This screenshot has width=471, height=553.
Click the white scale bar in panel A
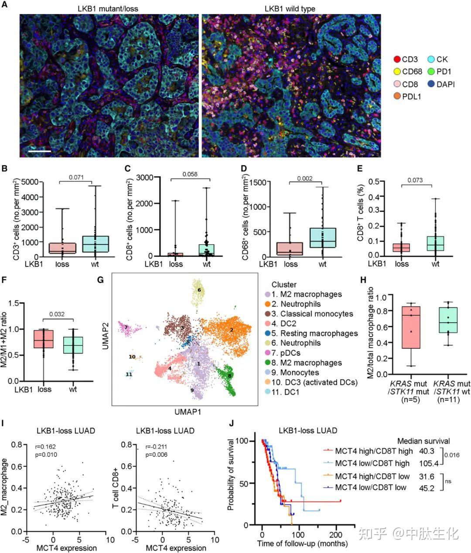pos(40,151)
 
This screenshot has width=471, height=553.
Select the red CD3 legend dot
pos(397,59)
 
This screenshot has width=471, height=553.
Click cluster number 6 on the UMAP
pos(199,290)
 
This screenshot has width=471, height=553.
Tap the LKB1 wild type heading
pos(290,9)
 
